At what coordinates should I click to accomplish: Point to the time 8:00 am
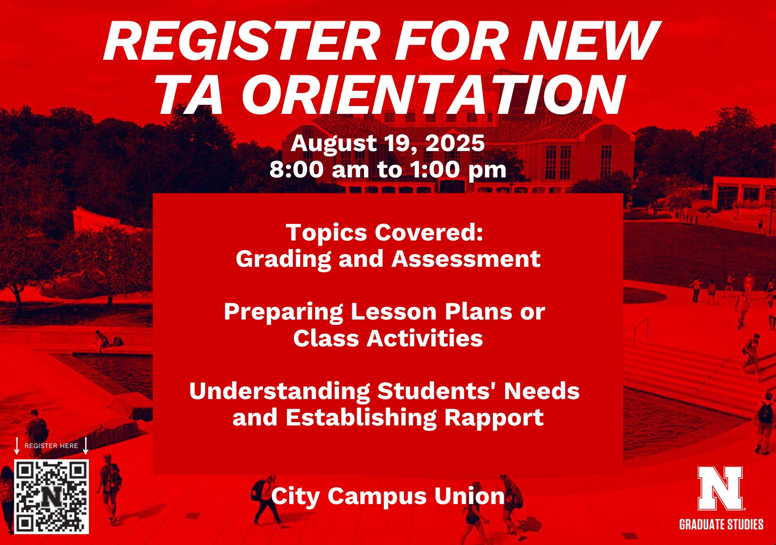(319, 169)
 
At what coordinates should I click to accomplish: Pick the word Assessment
(466, 259)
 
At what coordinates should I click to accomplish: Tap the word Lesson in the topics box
(393, 312)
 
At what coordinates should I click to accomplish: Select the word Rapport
(494, 418)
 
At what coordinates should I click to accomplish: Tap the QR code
(51, 497)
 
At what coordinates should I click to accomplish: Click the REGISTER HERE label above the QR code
(51, 446)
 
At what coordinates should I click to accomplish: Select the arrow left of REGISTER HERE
(16, 446)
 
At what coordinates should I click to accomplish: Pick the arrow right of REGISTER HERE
(86, 446)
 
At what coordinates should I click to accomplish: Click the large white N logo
(720, 488)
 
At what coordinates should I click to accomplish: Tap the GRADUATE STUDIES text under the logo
(721, 525)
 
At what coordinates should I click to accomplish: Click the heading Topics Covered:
(385, 232)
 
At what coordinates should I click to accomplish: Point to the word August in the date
(329, 144)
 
